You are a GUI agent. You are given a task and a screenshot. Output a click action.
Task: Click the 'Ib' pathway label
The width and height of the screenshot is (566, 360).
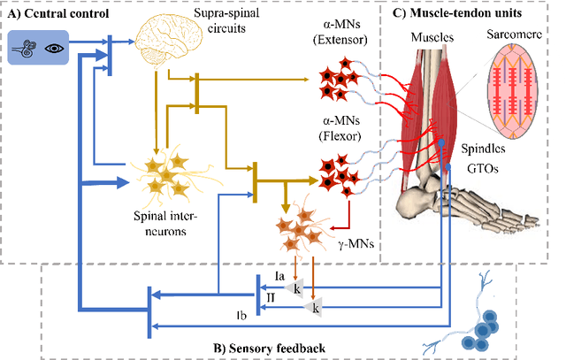coord(241,314)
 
